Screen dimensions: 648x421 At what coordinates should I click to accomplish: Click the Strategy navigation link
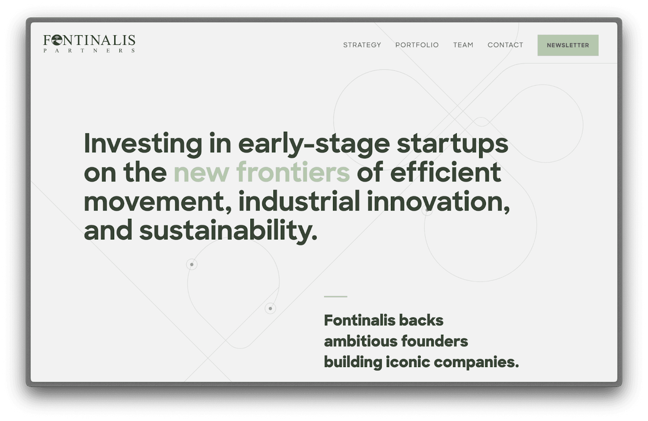point(362,45)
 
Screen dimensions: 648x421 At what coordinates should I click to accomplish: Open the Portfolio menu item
point(417,45)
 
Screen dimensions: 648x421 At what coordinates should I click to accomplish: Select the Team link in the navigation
point(463,45)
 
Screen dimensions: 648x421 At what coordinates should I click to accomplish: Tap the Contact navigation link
point(505,45)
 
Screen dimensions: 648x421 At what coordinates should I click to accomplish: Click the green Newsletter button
point(568,45)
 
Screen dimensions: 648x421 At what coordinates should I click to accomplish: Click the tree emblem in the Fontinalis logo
point(57,40)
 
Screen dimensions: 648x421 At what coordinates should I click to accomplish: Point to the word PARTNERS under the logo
point(89,51)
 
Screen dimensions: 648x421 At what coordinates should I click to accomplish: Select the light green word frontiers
point(293,172)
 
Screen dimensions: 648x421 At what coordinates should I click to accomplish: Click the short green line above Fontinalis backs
point(336,297)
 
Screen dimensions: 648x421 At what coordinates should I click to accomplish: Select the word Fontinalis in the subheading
point(360,320)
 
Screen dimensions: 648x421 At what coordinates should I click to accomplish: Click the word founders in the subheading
point(435,341)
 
